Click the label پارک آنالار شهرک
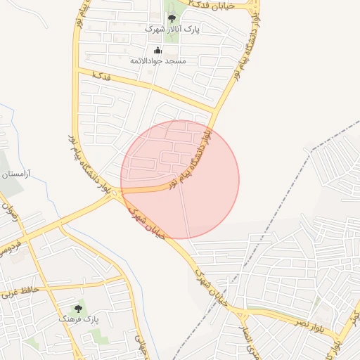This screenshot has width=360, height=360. point(173,30)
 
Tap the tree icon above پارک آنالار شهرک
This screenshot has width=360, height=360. point(172,18)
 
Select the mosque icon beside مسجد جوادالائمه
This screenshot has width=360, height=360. point(157,50)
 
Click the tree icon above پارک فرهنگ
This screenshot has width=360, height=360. point(78,308)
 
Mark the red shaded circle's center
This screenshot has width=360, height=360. point(180,179)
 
